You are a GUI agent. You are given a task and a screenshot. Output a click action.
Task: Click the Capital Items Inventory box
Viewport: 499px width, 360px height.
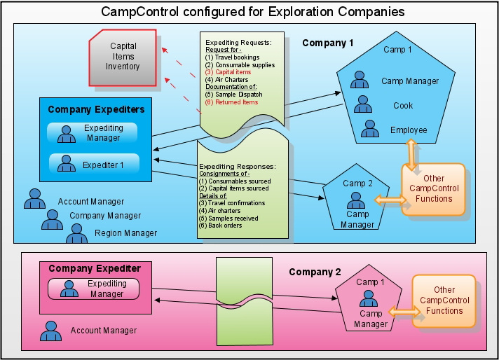123,57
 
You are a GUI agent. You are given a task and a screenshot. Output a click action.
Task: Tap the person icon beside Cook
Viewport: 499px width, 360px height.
363,104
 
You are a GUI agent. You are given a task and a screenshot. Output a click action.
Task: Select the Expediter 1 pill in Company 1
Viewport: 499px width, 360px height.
94,164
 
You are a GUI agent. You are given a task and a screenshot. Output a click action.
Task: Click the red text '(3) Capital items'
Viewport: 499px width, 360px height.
228,72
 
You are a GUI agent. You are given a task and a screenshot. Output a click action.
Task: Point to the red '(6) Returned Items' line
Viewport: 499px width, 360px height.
231,102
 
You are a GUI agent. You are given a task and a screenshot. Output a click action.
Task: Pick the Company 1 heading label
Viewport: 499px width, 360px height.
328,43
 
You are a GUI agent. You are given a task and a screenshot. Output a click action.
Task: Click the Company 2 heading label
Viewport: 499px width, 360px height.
315,272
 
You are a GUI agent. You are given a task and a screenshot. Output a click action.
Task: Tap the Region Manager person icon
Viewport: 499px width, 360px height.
76,233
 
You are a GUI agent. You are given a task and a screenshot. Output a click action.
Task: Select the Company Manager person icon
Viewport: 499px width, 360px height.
52,219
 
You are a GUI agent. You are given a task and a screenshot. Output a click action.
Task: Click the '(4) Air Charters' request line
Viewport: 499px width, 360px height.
226,80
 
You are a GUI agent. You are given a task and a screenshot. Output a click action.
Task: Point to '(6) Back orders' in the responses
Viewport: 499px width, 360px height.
220,226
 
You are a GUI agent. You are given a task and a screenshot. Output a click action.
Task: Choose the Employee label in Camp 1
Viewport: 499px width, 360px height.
409,130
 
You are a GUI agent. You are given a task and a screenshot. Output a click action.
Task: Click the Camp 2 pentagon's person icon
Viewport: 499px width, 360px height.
356,200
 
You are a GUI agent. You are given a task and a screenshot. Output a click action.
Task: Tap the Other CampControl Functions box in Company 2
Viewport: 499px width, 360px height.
444,301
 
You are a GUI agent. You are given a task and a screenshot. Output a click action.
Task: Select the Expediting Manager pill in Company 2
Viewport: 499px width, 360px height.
94,289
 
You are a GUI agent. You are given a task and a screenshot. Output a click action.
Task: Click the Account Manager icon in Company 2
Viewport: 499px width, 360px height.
51,331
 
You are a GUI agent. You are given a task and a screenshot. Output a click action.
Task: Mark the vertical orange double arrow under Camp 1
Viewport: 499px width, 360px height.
411,154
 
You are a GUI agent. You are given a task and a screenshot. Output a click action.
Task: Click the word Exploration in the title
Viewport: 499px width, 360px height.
300,12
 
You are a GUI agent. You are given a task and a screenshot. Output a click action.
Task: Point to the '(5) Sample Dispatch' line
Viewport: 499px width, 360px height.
233,95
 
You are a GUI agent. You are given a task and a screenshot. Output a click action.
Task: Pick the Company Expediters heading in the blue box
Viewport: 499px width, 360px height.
96,109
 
